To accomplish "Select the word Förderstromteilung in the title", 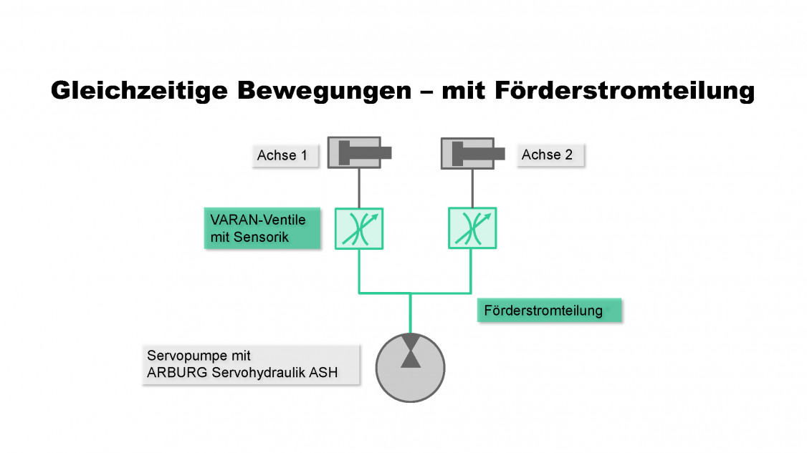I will click(631, 92).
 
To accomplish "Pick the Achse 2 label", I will click(548, 155).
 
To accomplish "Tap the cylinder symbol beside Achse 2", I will click(472, 152).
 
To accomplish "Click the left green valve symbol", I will click(359, 228).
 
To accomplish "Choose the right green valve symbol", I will click(472, 228).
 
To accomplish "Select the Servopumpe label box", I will click(251, 364).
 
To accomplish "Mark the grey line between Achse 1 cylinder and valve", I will click(359, 188).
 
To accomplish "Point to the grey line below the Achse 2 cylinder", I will click(472, 188).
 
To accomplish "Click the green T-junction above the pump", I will click(410, 293).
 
